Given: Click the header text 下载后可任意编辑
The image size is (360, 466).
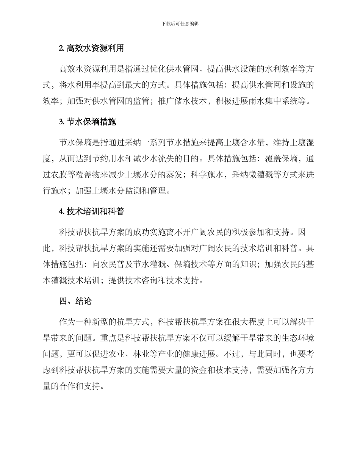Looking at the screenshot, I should [180, 23].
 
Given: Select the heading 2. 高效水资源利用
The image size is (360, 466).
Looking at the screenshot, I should [91, 48].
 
